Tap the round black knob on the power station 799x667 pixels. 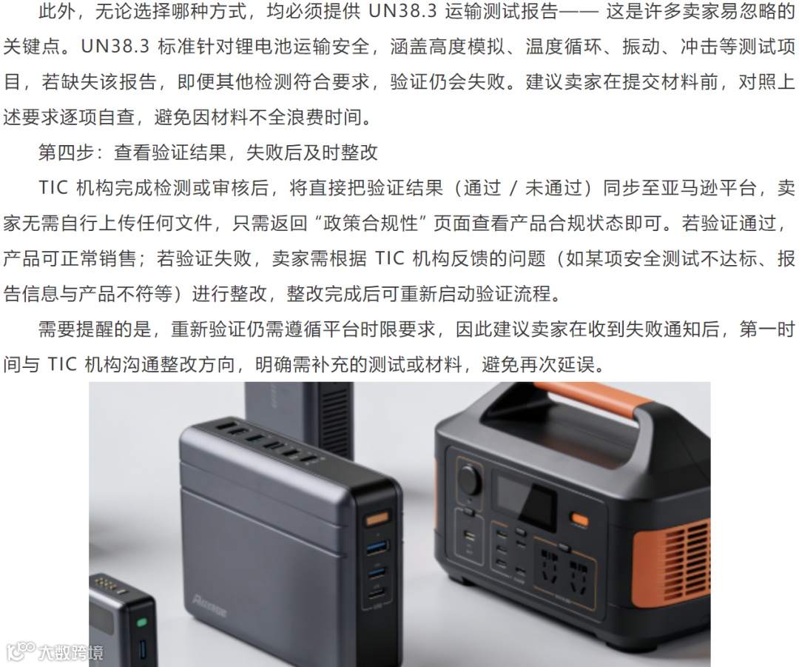pyautogui.click(x=469, y=479)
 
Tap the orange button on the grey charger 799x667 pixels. pyautogui.click(x=377, y=520)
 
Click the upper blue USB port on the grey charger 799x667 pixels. pyautogui.click(x=377, y=549)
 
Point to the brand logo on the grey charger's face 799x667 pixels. pyautogui.click(x=209, y=606)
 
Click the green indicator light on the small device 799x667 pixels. pyautogui.click(x=141, y=623)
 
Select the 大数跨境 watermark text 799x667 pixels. pyautogui.click(x=71, y=652)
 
